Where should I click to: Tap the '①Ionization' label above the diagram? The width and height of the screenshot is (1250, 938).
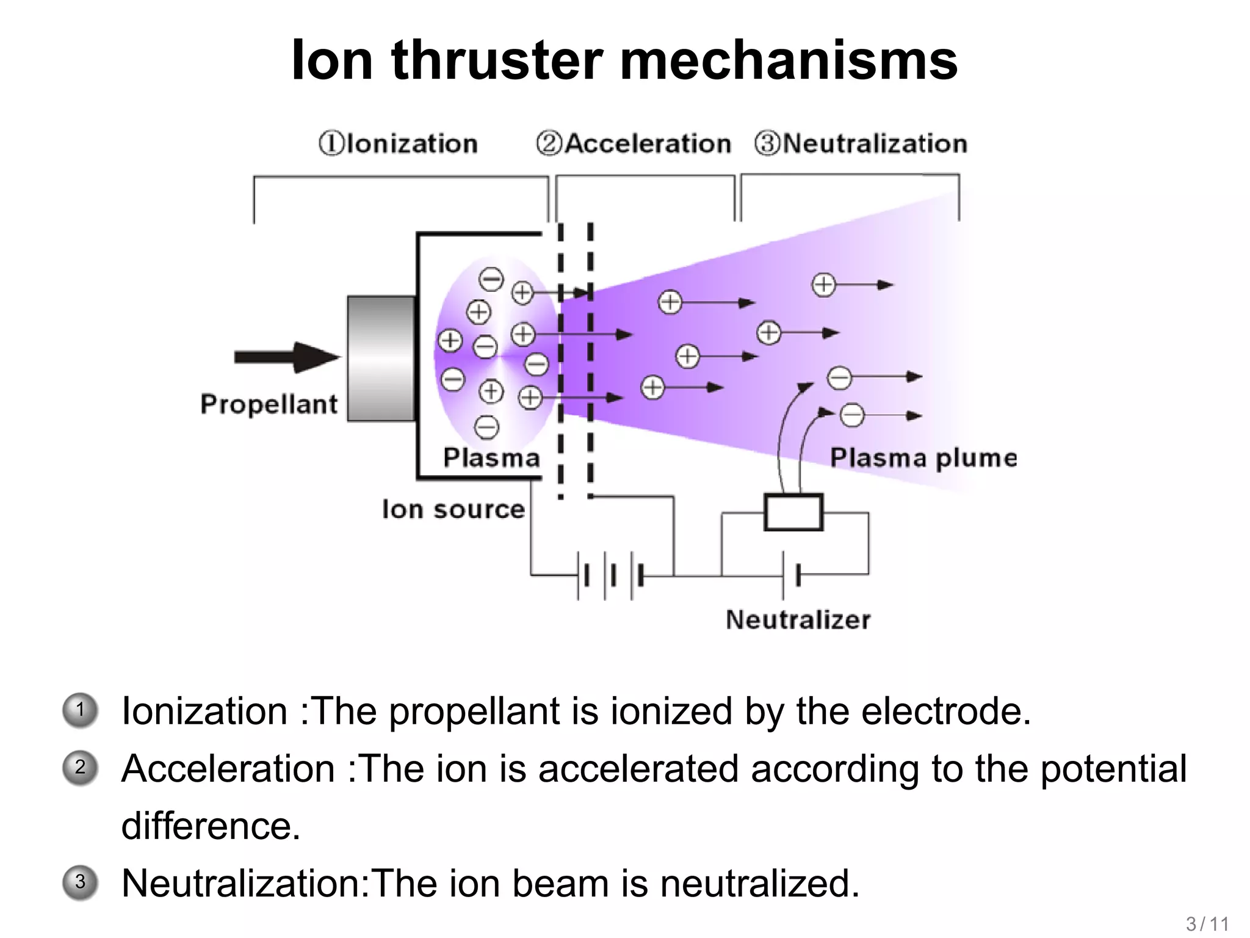pos(398,144)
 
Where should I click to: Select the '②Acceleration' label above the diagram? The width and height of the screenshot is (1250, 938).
pos(634,144)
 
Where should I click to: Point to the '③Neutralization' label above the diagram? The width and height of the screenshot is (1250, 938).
pos(861,144)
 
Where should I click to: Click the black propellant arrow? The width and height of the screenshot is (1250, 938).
pos(287,357)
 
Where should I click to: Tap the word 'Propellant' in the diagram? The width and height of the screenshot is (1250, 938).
pos(269,404)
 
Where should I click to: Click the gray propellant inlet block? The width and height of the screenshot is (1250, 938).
pos(381,358)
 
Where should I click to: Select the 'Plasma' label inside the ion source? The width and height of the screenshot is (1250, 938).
pos(491,457)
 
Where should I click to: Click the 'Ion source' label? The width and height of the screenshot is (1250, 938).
pos(453,509)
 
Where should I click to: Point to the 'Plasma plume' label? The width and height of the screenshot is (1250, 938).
pos(923,457)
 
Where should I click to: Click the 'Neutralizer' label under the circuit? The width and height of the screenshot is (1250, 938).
pos(798,620)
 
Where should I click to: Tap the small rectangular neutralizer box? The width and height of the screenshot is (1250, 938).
pos(793,512)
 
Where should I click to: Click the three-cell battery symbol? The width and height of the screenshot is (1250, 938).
pos(610,575)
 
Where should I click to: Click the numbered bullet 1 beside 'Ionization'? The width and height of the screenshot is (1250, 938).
pos(80,710)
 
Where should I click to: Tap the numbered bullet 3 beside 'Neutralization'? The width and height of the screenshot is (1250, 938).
pos(80,882)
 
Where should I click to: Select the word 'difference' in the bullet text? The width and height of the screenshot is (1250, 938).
pos(211,826)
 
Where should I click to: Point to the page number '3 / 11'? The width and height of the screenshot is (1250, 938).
pos(1207,924)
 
